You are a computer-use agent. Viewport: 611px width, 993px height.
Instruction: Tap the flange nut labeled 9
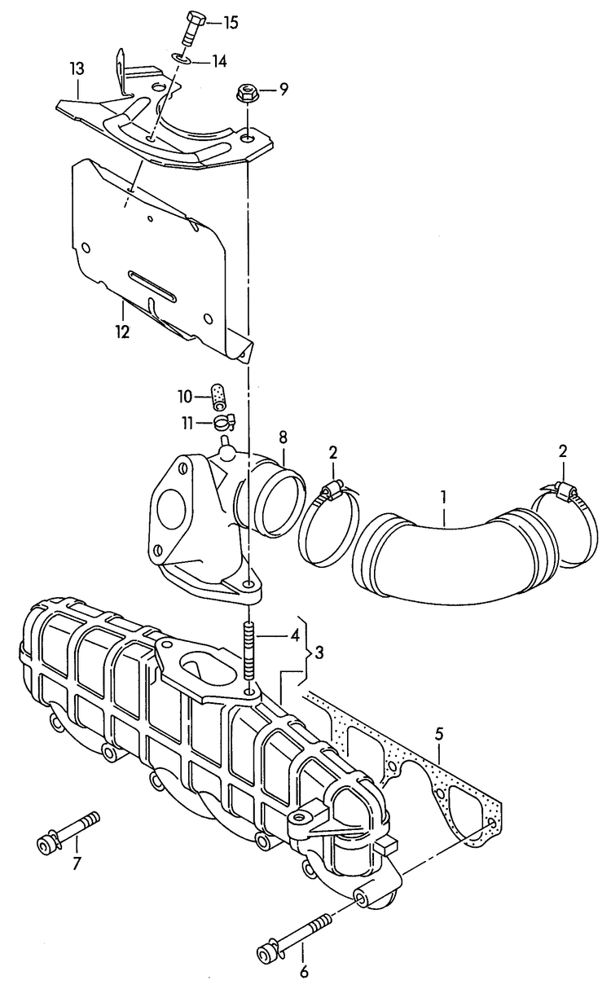coord(246,94)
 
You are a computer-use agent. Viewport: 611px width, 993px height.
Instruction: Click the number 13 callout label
coord(77,70)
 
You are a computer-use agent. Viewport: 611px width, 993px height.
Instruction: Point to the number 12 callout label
coord(122,332)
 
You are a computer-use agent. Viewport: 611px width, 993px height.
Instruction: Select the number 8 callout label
coord(284,437)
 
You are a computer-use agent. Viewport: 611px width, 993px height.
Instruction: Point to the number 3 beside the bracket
coord(319,652)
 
